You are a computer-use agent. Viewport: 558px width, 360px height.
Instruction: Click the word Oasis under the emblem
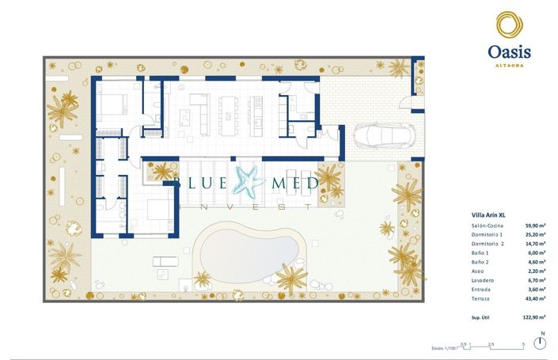click(508, 51)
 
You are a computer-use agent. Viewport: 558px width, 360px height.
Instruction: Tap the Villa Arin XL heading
click(488, 214)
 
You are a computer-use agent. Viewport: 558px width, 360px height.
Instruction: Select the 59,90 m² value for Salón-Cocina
click(536, 227)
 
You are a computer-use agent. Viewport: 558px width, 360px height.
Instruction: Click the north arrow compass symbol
click(541, 343)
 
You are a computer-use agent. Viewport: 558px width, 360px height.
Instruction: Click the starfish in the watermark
click(251, 182)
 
